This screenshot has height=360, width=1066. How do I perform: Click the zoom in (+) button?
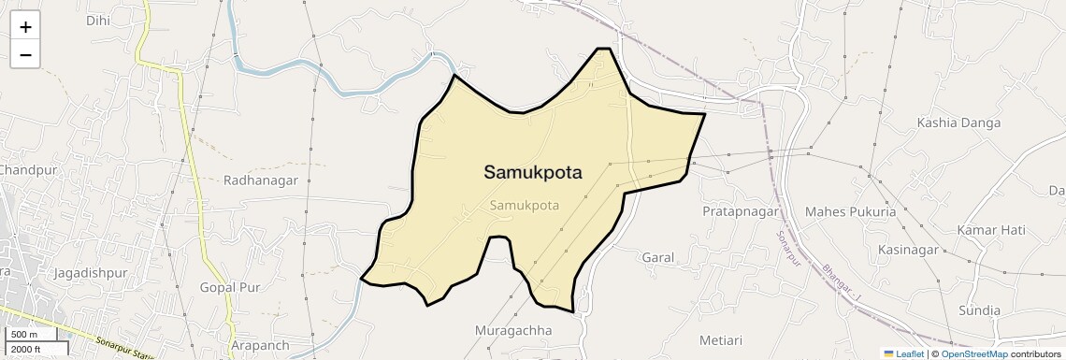point(25,27)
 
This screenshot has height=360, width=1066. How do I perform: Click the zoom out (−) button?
point(25,55)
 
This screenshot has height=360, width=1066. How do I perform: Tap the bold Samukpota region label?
point(532,172)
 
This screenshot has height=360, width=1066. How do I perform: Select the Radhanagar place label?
point(260,180)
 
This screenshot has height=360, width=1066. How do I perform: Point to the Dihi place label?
point(97,20)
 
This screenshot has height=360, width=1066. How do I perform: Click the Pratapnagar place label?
point(741,211)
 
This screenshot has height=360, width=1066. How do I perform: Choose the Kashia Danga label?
point(959,122)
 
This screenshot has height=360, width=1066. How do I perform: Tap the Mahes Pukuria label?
point(850,211)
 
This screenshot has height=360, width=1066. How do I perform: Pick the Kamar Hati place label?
point(991,230)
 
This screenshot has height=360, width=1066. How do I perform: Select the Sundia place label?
point(979,310)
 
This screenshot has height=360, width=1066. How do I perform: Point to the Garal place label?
point(658,256)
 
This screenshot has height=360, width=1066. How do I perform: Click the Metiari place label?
point(726,338)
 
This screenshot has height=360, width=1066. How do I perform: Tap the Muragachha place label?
point(513,330)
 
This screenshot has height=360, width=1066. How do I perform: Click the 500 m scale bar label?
point(24,334)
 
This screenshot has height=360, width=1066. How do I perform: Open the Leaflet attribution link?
point(903,353)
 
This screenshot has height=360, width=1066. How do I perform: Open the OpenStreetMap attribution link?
point(973,353)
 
